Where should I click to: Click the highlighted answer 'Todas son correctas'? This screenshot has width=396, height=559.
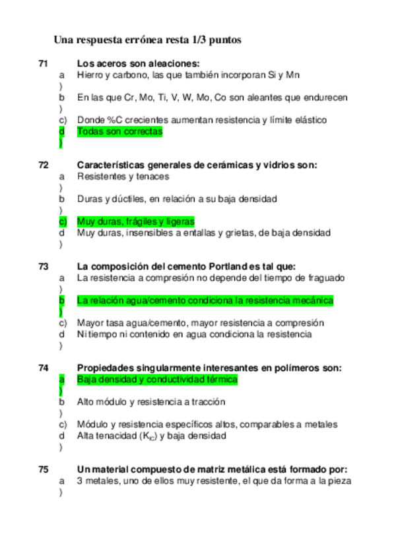click(x=119, y=132)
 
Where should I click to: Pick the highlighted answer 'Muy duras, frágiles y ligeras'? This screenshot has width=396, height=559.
click(x=135, y=221)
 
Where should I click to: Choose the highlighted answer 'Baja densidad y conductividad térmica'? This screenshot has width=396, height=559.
click(x=157, y=380)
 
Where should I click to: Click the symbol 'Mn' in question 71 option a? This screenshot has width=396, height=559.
click(x=293, y=75)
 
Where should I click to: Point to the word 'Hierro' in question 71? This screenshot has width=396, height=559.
click(x=90, y=75)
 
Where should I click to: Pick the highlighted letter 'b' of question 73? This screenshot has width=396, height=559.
click(x=62, y=301)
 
